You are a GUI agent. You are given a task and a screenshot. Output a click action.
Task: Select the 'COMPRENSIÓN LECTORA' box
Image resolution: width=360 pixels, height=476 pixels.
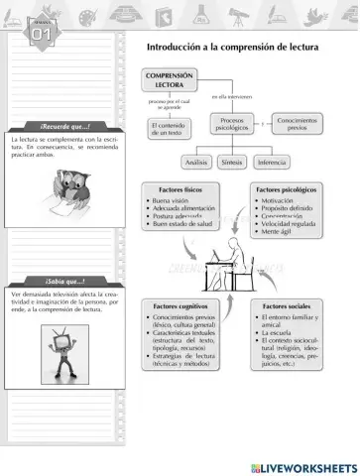[x=170, y=80]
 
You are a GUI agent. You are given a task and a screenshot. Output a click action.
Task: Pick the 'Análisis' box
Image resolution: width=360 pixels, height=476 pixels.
[x=196, y=162]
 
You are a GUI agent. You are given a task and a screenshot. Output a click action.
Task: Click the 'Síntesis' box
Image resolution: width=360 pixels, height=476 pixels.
[x=234, y=162]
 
